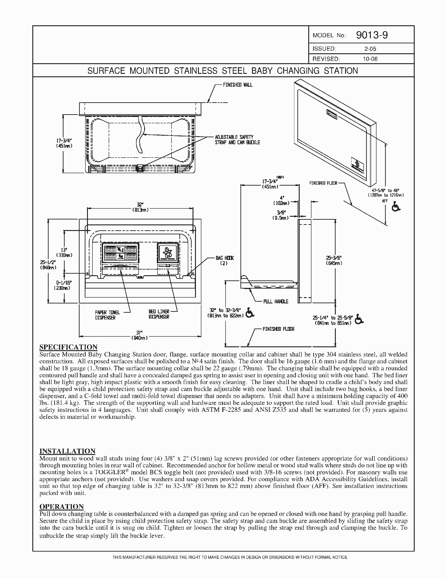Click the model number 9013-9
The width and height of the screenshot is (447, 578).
(x=372, y=35)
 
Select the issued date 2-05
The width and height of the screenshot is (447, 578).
(x=370, y=49)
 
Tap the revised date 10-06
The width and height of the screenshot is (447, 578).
(x=370, y=59)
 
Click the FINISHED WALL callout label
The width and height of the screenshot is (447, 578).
(x=238, y=85)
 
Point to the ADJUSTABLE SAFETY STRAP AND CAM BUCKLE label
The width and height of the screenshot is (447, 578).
(x=238, y=140)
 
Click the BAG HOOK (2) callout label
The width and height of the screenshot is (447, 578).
(x=224, y=261)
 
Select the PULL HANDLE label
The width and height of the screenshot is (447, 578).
(x=275, y=301)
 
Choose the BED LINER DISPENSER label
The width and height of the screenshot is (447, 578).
(x=159, y=314)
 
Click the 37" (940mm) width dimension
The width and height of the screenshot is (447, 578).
(x=140, y=335)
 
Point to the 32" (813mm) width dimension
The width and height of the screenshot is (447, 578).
(x=140, y=207)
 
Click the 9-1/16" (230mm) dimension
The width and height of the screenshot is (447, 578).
(x=62, y=286)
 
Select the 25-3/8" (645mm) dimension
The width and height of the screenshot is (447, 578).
(x=334, y=260)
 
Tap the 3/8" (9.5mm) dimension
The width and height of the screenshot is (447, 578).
(x=280, y=215)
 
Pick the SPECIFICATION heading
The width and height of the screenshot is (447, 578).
(x=68, y=347)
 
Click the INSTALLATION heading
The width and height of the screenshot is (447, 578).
(x=67, y=451)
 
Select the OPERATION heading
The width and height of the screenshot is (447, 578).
(x=61, y=507)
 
